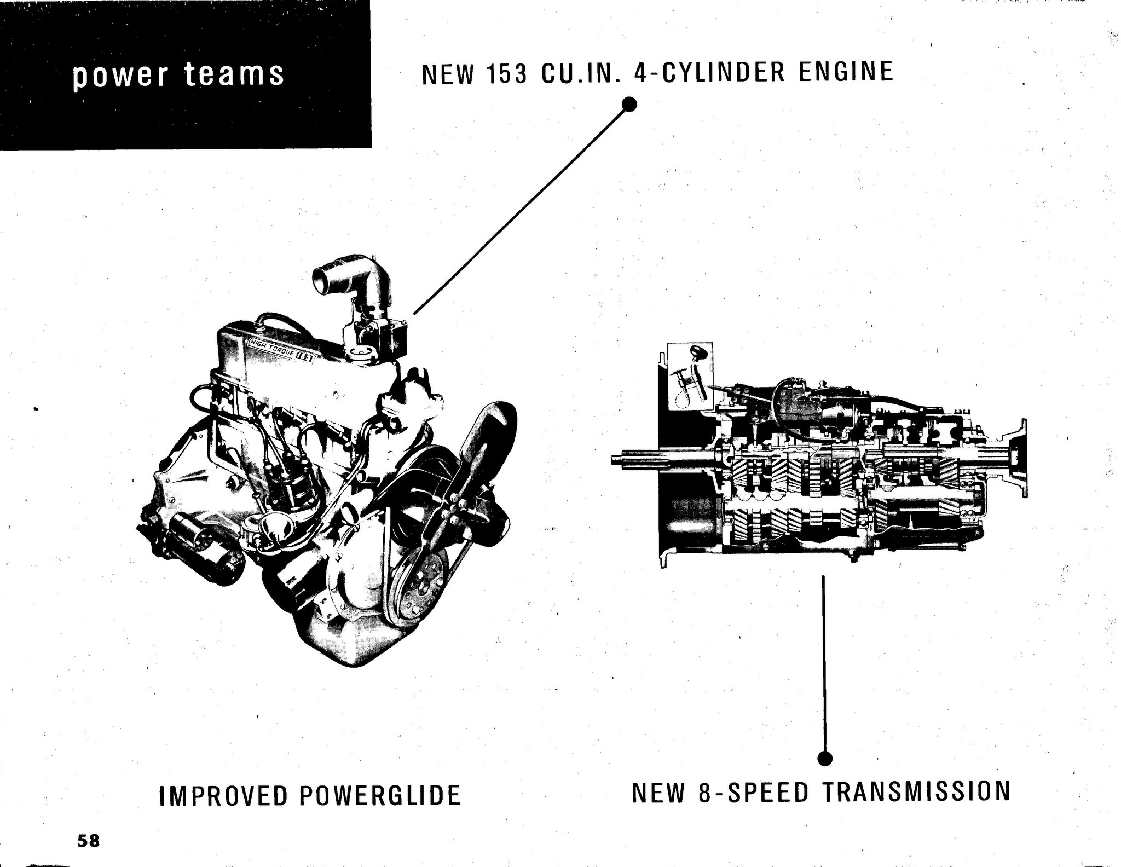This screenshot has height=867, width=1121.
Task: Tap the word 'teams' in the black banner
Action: coord(234,73)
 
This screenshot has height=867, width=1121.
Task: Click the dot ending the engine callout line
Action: coord(630,103)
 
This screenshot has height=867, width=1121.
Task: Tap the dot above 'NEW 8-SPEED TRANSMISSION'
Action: coord(825,758)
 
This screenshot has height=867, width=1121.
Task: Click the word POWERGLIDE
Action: coord(380,795)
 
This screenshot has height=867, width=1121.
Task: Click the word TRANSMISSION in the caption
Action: coord(916,791)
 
